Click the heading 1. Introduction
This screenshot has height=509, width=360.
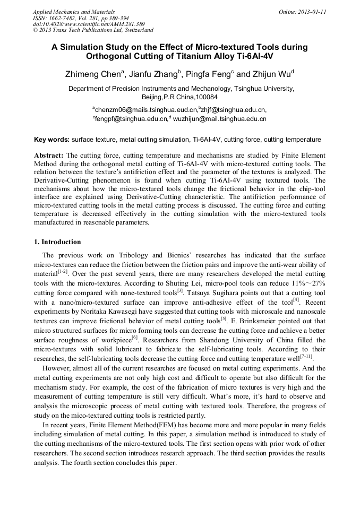click(x=57, y=242)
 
